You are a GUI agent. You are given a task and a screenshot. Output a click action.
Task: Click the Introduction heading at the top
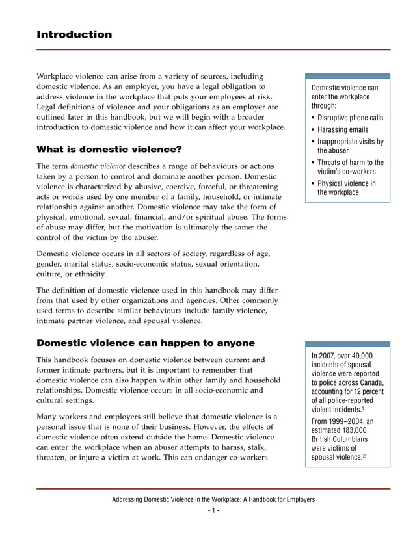click(74, 34)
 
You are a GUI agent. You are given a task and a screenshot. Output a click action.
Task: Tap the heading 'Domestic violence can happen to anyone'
click(146, 343)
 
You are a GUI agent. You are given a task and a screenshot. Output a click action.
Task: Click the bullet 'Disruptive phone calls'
click(350, 118)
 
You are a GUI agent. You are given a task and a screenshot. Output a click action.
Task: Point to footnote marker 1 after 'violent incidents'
click(362, 408)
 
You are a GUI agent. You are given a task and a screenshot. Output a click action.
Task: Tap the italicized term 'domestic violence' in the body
click(98, 166)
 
